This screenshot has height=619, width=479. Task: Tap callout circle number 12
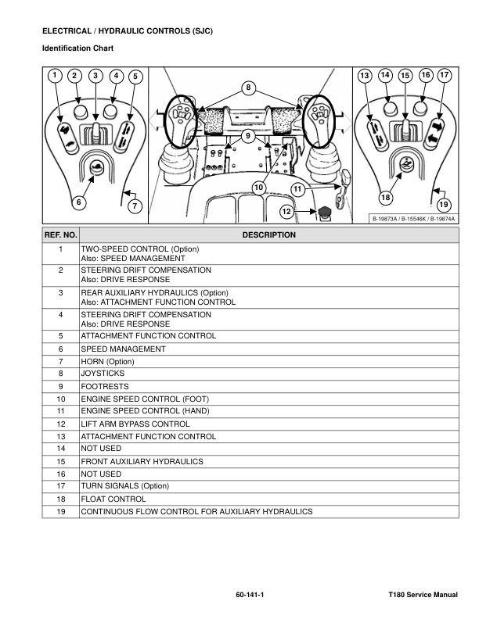(x=286, y=211)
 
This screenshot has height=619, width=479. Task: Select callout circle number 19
(x=444, y=205)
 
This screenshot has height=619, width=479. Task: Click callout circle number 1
(x=53, y=75)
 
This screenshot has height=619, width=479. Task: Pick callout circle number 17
(x=445, y=75)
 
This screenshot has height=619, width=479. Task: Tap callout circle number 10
(x=258, y=186)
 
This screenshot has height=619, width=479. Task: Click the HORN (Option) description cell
(x=108, y=361)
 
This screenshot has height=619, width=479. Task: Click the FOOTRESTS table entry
(x=105, y=386)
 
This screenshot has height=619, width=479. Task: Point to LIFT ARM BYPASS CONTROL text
(x=135, y=424)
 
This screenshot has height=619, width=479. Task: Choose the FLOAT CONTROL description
(x=113, y=499)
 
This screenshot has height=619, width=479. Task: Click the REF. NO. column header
(x=60, y=234)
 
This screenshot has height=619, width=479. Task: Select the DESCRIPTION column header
(x=268, y=234)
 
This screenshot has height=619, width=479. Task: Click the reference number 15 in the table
(x=60, y=461)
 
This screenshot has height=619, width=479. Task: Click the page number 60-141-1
(x=250, y=596)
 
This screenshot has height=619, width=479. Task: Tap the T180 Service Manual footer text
(x=423, y=596)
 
